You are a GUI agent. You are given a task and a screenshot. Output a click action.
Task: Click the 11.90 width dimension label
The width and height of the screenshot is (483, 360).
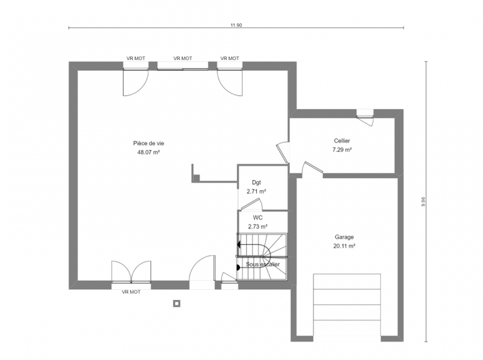236,25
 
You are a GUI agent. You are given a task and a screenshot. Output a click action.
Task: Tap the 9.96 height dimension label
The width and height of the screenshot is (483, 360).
424,202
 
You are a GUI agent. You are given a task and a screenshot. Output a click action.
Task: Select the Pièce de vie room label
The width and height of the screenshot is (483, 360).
148,143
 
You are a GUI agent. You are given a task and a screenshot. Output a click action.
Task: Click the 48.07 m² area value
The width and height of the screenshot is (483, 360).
148,152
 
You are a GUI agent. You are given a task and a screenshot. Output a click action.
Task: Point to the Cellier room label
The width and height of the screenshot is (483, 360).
342,141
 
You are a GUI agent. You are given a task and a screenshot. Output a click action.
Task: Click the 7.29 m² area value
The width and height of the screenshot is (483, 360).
342,150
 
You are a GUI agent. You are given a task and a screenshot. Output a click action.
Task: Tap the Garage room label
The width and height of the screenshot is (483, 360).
344,237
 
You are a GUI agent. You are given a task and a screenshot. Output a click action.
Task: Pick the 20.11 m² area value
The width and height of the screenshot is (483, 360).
344,246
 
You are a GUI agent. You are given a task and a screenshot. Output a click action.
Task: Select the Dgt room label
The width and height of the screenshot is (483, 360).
256,182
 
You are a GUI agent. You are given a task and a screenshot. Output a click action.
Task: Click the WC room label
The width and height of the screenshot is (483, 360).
258,218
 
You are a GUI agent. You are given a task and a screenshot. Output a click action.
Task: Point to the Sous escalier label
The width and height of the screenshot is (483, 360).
263,265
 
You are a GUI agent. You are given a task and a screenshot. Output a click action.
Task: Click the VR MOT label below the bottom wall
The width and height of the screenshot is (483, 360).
131,292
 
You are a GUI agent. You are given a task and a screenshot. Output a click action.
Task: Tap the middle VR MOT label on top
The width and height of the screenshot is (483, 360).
182,58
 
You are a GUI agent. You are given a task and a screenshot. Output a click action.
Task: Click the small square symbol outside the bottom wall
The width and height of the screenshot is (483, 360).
176,304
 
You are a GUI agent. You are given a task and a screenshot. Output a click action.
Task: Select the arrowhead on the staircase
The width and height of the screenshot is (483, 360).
238,245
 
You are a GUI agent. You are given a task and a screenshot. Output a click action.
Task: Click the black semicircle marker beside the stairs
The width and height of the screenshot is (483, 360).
238,268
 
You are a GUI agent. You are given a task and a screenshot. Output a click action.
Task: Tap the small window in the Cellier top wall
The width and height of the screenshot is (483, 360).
365,113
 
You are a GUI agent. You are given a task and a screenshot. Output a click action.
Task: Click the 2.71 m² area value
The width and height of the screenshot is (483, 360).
256,191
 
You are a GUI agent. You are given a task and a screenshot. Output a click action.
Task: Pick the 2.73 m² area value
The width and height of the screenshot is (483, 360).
258,227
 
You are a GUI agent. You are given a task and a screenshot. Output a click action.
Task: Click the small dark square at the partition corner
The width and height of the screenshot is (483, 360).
196,178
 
